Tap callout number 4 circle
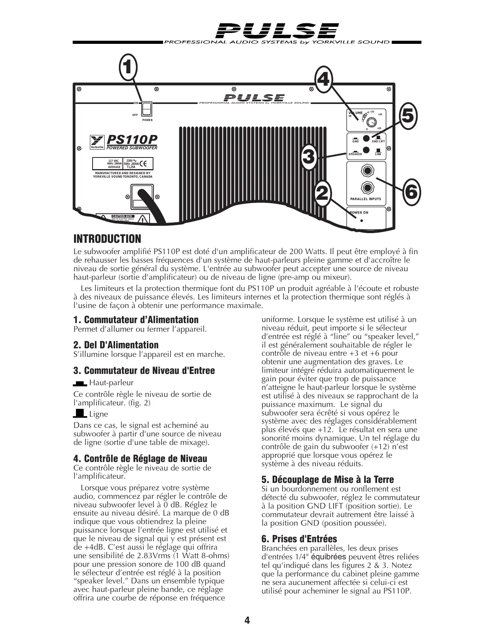(x=323, y=80)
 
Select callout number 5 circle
(x=408, y=115)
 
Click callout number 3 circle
(x=308, y=157)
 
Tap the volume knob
(x=371, y=123)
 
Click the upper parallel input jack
(x=367, y=171)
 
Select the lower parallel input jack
(x=367, y=189)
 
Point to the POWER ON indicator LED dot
(x=361, y=221)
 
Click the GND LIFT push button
(x=366, y=138)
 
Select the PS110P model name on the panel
(x=132, y=140)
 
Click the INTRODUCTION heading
(x=107, y=239)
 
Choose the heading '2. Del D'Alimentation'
(x=116, y=345)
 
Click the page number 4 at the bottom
(x=247, y=620)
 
